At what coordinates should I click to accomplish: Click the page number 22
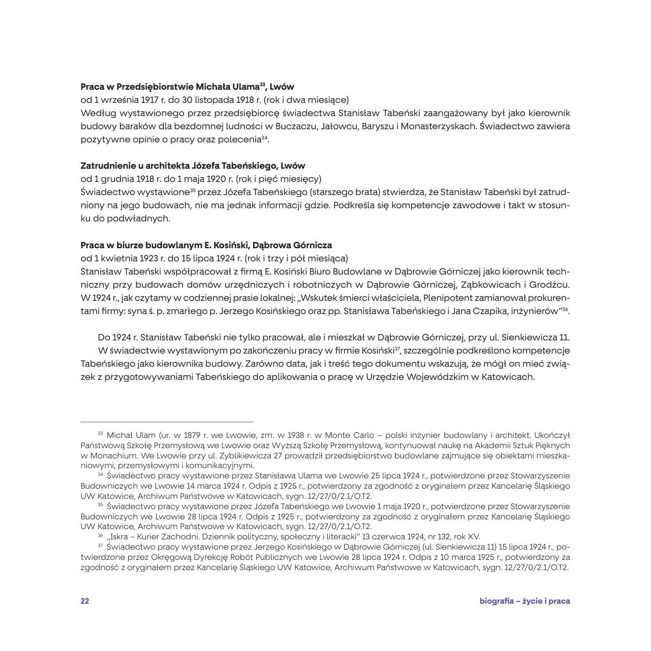tap(85, 601)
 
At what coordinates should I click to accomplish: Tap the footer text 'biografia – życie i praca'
tap(524, 601)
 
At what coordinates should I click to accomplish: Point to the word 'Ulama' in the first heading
tap(246, 87)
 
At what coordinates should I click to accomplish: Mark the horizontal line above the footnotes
tap(167, 422)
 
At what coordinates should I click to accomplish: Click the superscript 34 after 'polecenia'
tap(264, 138)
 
